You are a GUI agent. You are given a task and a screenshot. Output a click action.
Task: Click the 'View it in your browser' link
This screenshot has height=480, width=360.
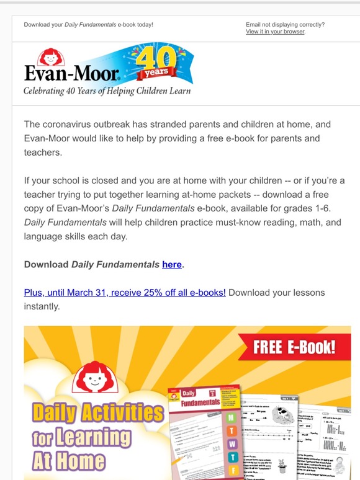275,32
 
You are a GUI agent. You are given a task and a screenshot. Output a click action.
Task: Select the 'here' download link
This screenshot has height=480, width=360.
172,264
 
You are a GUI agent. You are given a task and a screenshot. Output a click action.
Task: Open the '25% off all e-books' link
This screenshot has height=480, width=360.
125,292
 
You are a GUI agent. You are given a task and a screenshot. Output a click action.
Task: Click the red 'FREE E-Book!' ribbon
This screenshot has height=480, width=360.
294,347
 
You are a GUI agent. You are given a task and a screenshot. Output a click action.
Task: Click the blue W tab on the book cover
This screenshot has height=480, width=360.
232,444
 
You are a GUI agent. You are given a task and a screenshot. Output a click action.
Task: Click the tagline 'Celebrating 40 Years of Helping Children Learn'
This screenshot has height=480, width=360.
107,91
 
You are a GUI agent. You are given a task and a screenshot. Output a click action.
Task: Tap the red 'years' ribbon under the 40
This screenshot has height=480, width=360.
154,73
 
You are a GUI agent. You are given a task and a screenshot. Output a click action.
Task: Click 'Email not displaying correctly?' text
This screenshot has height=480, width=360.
285,25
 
